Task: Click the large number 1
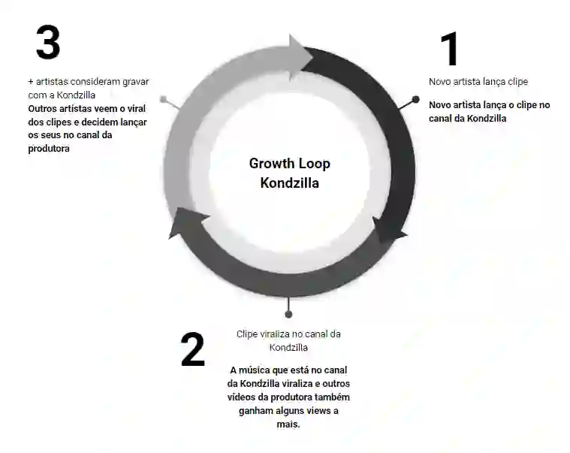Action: (x=449, y=49)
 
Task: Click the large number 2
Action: (x=192, y=349)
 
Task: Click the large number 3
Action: (x=47, y=43)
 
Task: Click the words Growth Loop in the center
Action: (x=289, y=164)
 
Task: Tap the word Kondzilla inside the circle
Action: (x=289, y=183)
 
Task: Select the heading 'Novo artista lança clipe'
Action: (x=478, y=81)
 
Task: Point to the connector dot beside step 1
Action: (x=415, y=99)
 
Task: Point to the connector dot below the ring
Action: (x=288, y=314)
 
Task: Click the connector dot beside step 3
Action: (x=163, y=98)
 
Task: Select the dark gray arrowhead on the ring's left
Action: (x=185, y=222)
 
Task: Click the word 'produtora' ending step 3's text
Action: (x=48, y=148)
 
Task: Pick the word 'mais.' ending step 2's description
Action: (x=288, y=424)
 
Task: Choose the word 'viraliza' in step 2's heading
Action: (x=276, y=334)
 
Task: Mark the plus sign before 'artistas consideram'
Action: (x=30, y=81)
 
